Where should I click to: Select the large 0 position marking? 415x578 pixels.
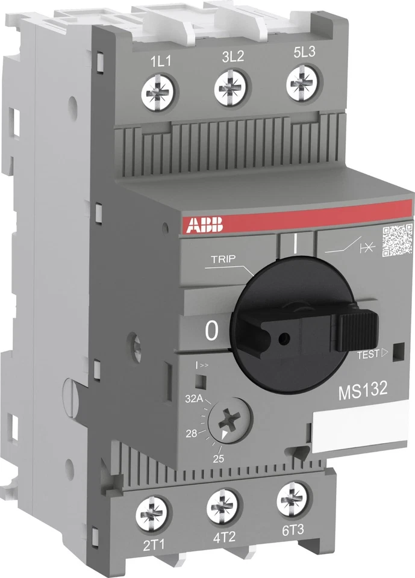tap(211, 331)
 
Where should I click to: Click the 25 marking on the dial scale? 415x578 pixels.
tap(218, 460)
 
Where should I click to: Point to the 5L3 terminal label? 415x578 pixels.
tap(305, 52)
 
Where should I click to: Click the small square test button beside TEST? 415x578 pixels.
tap(396, 354)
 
